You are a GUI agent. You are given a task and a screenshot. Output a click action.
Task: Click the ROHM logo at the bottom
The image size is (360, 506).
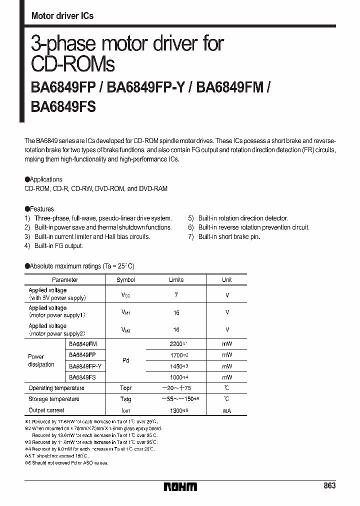180,486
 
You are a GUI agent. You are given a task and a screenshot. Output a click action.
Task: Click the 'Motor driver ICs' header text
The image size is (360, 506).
62,16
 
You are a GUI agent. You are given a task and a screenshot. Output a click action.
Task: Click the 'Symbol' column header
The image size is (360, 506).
125,280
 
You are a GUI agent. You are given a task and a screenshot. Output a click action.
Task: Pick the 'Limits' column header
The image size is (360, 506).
176,280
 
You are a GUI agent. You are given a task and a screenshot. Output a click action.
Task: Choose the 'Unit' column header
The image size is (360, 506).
227,280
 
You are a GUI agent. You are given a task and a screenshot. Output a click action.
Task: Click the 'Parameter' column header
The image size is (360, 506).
65,280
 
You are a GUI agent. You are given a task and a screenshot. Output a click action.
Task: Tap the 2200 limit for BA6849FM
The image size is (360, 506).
176,344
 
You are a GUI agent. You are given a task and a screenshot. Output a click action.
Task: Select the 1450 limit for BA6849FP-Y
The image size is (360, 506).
176,366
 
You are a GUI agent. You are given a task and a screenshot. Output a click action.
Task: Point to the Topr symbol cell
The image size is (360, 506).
125,388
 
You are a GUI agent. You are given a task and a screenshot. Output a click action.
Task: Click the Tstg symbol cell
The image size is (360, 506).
125,399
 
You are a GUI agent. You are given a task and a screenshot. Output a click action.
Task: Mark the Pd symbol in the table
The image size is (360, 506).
125,360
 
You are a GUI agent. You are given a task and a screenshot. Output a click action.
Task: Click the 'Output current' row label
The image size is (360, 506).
46,410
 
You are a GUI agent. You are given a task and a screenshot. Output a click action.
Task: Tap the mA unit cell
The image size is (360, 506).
227,410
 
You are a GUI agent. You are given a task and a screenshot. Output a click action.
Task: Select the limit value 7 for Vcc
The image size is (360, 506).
176,295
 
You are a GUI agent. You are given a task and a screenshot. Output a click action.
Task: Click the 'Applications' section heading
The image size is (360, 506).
44,179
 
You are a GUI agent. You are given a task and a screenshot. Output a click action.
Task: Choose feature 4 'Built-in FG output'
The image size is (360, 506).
54,245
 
